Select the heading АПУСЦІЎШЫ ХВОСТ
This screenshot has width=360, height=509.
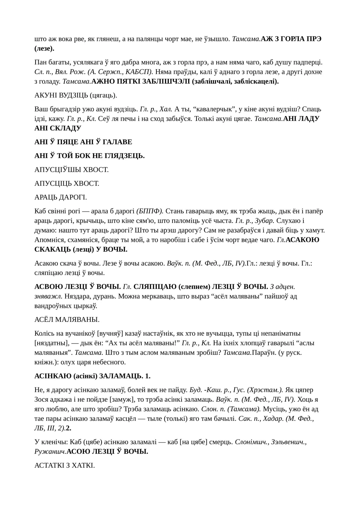71,170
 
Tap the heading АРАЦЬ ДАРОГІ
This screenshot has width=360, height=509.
60,197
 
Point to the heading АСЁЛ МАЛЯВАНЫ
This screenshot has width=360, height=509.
67,320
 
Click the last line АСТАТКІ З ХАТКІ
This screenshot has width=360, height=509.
64,465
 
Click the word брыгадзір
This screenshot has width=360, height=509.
68,109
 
